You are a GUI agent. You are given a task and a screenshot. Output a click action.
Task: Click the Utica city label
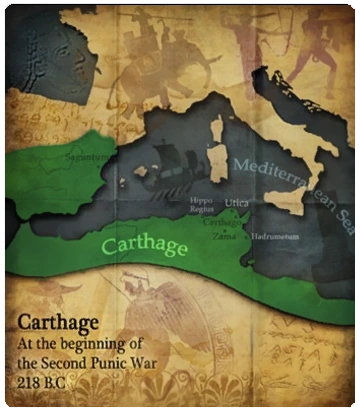236,202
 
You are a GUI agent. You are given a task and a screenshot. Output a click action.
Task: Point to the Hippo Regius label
202,206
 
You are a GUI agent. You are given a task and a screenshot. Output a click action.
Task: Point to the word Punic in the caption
124,364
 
